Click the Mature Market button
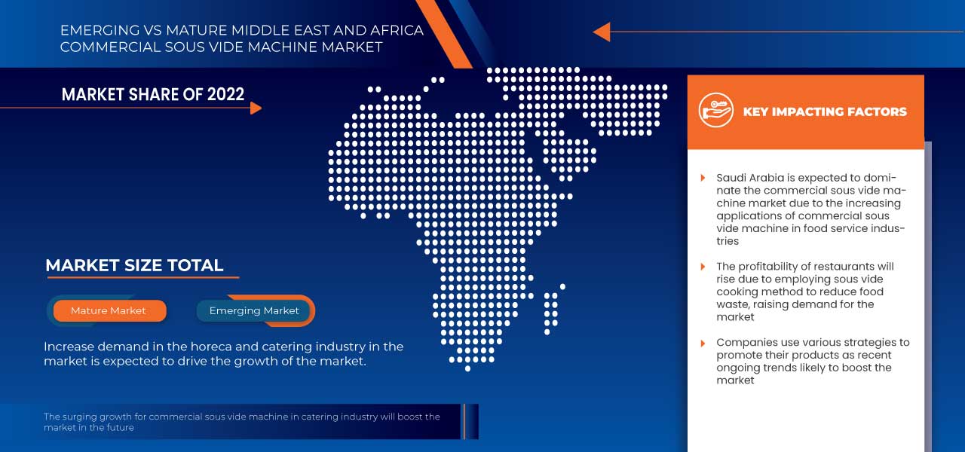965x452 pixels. click(109, 310)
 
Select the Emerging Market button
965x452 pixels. click(254, 310)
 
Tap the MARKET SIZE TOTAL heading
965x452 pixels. click(134, 265)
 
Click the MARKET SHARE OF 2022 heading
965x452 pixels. click(153, 94)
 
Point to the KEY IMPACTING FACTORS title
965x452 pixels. click(825, 111)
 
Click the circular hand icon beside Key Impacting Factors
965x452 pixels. click(715, 111)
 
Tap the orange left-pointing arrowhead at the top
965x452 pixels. click(601, 32)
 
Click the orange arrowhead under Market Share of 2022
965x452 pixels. click(256, 108)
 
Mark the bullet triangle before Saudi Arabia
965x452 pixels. click(703, 178)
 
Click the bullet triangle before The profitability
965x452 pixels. click(703, 267)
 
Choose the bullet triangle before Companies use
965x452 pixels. click(703, 342)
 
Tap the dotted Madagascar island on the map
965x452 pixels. click(551, 309)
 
